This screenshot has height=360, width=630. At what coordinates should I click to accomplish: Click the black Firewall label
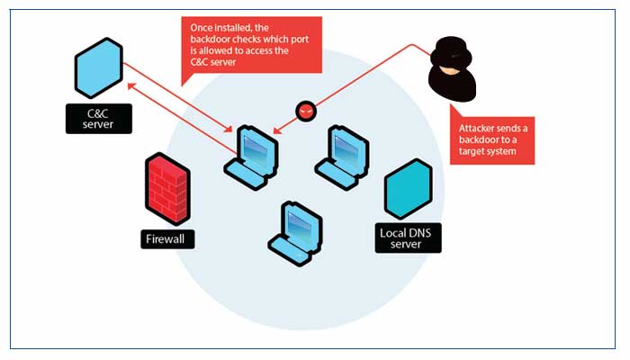coord(167,239)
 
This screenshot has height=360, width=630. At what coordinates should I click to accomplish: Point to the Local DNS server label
coord(409,238)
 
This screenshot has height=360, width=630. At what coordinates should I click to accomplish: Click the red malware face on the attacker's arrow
coord(306,111)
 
